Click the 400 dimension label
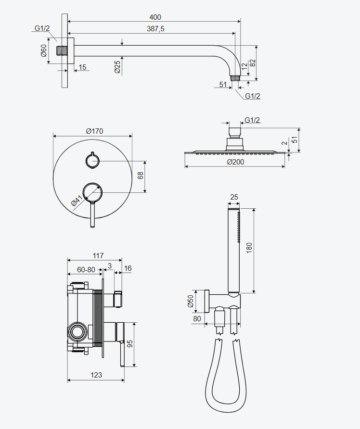pos(155,17)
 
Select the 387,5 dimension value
pos(155,29)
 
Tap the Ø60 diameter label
pos(44,50)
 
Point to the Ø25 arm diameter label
pos(117,67)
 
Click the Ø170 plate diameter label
pos(94,131)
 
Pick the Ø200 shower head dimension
pos(235,162)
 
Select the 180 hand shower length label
pos(249,248)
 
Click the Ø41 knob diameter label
pos(77,201)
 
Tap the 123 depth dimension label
pos(96,375)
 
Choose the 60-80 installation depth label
pos(86,270)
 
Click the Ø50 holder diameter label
pos(191,301)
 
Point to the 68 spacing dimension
pos(140,176)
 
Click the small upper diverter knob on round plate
pos(92,161)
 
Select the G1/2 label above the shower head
pos(252,120)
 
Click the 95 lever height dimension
pos(130,344)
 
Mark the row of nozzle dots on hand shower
pos(239,227)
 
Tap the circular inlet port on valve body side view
pos(77,331)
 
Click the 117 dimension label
pos(98,256)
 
